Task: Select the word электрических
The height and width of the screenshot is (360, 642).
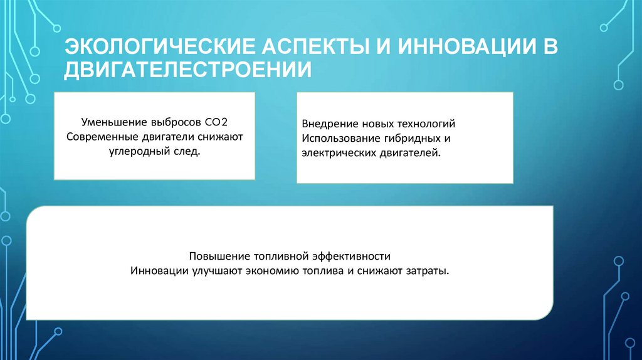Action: (x=335, y=153)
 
